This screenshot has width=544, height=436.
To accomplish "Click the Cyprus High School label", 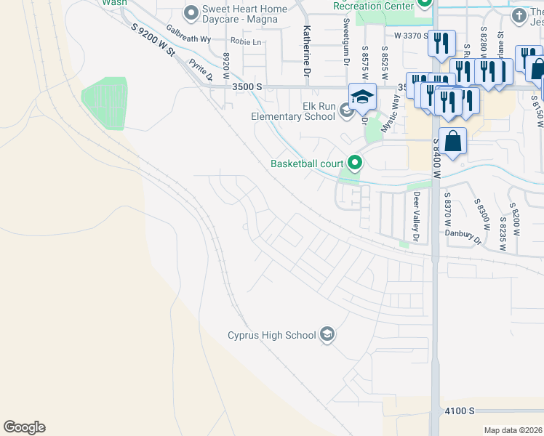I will click(271, 335).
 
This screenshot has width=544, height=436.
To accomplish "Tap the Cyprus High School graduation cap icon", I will click(328, 334).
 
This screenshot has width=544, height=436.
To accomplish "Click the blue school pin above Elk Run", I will click(361, 97).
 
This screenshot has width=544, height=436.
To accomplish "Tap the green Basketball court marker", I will click(355, 163).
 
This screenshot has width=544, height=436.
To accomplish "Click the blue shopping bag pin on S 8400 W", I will click(452, 142).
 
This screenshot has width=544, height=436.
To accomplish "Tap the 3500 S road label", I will click(247, 86).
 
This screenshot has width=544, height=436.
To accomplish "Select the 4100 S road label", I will click(460, 411).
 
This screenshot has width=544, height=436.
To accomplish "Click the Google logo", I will click(24, 427).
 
